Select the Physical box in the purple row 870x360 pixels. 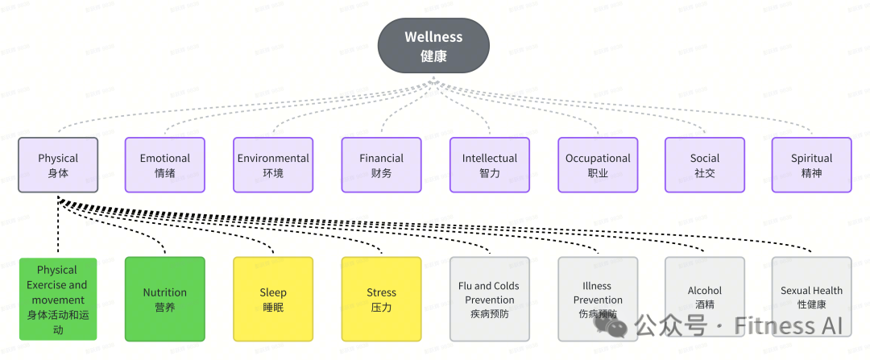(x=58, y=165)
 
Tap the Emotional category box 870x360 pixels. (x=165, y=165)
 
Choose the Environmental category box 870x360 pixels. (x=273, y=165)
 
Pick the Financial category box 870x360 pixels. (x=381, y=165)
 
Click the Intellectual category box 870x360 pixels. (x=490, y=165)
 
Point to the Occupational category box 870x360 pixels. (x=598, y=165)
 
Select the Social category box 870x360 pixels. (x=705, y=165)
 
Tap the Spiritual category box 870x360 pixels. (x=811, y=165)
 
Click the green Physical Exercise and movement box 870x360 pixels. (x=57, y=299)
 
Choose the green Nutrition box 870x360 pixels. (x=165, y=299)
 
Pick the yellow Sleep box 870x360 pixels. (x=273, y=299)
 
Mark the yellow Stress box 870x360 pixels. (x=381, y=299)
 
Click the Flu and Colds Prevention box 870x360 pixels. (x=490, y=299)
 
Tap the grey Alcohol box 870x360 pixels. (x=705, y=299)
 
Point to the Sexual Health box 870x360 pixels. (x=811, y=299)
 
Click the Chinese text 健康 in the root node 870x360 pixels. (x=433, y=56)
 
